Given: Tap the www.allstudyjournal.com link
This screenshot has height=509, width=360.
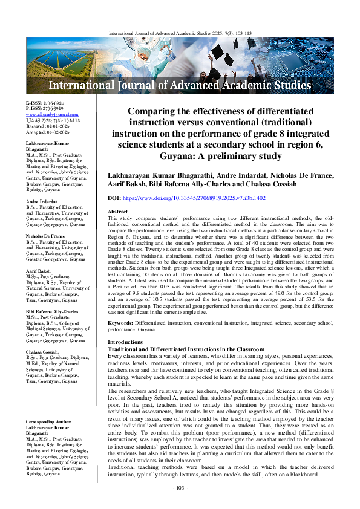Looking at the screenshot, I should pyautogui.click(x=46, y=114).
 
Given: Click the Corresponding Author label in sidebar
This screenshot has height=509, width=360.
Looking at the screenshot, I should pyautogui.click(x=47, y=421).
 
